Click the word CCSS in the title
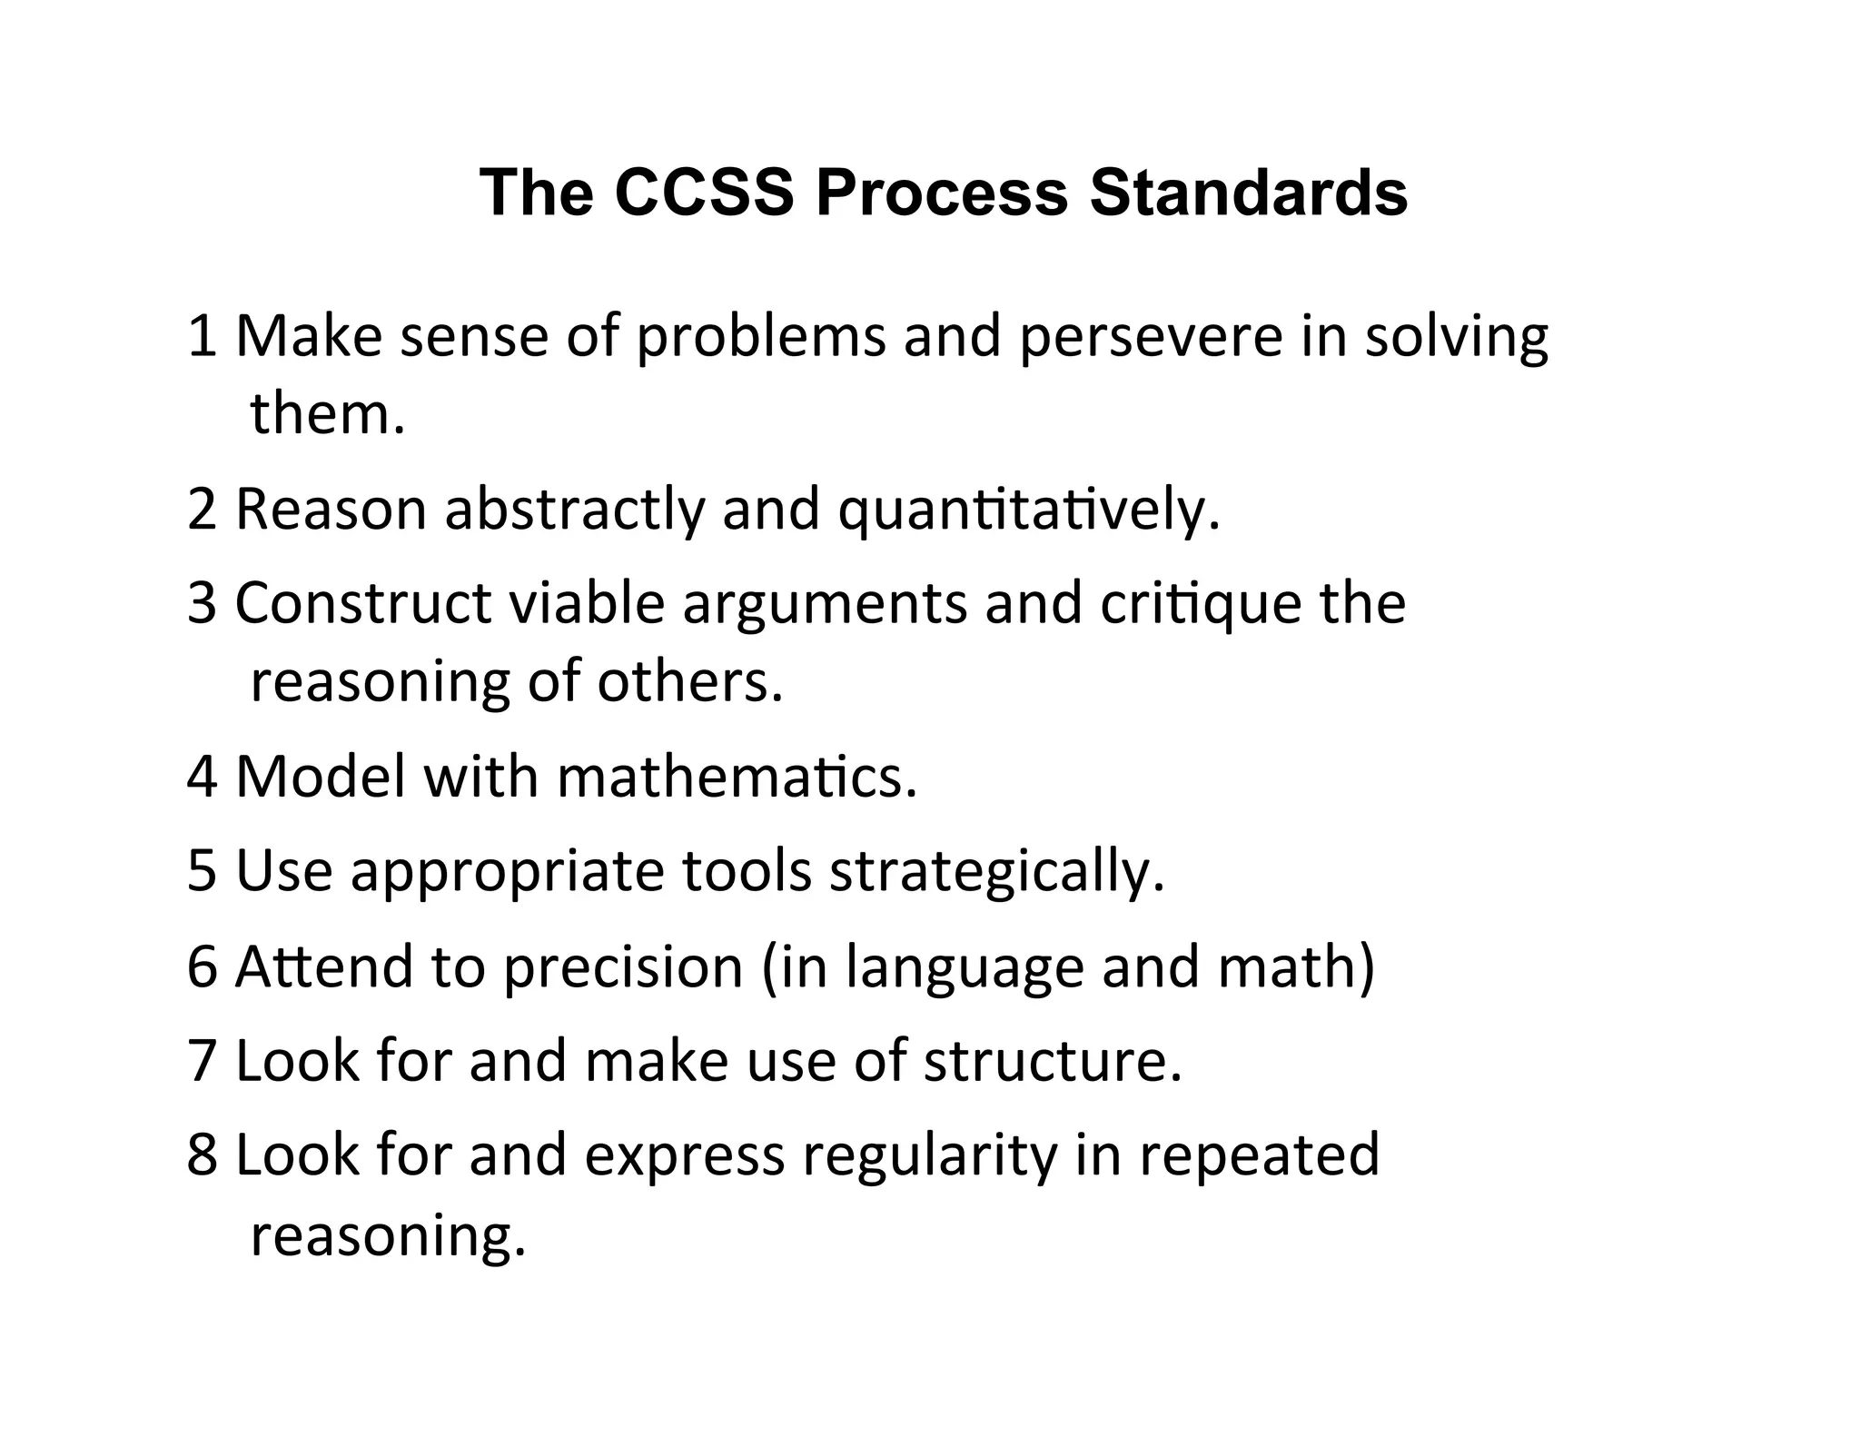(703, 193)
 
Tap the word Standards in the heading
(1248, 193)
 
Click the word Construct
(362, 603)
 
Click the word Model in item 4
(320, 778)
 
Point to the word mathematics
(737, 778)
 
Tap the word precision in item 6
(623, 966)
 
